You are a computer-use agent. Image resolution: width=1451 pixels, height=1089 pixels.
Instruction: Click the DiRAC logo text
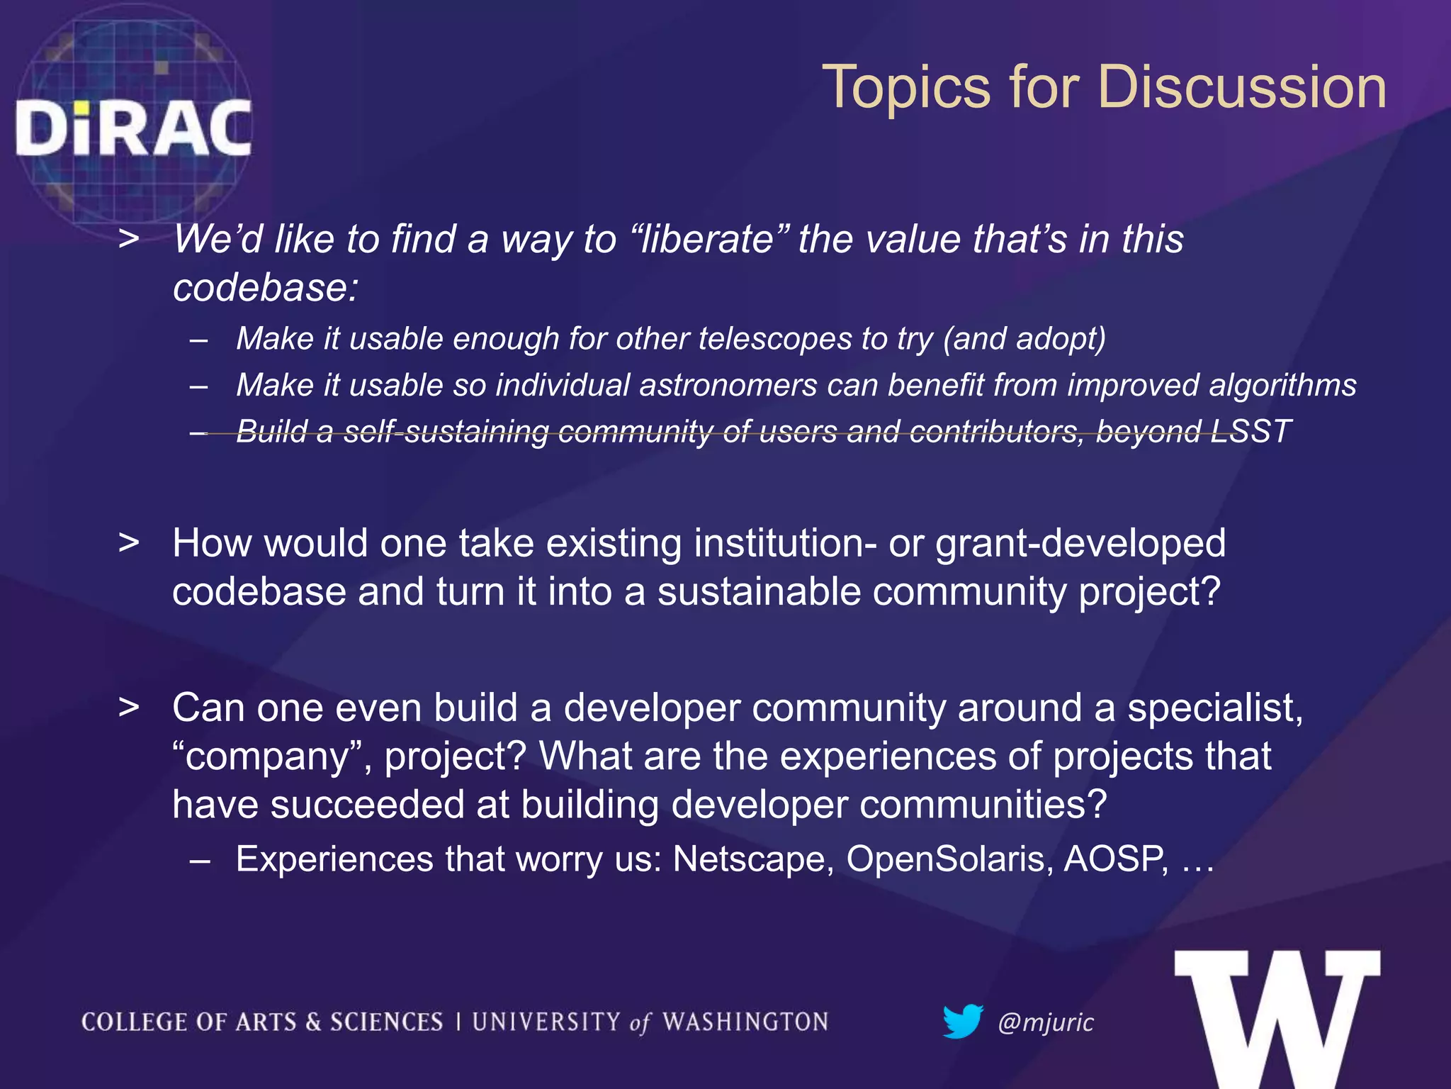coord(133,128)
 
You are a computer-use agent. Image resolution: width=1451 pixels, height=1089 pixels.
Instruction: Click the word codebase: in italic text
coord(266,288)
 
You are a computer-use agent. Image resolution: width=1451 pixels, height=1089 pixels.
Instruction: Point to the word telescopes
coord(774,339)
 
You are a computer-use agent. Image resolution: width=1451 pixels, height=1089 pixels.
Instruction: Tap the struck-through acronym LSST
coord(1251,431)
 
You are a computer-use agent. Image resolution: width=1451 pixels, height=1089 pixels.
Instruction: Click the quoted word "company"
coord(271,756)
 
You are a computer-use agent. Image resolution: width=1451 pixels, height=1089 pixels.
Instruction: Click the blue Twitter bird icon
coord(962,1021)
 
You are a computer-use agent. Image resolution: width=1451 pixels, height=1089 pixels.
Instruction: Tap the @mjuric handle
coord(1045,1022)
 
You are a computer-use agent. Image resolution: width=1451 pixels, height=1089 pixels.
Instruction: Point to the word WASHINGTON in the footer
coord(745,1022)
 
